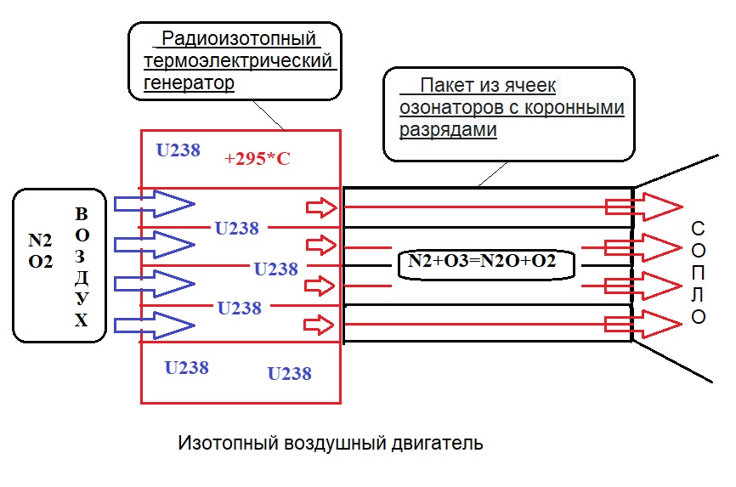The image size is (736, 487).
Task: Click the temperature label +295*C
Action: (x=258, y=158)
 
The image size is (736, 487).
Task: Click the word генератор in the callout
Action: (x=189, y=83)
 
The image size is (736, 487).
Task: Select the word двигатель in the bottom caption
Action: (x=441, y=443)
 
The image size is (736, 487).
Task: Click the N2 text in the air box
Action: (x=40, y=241)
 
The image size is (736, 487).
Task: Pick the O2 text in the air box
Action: (x=40, y=262)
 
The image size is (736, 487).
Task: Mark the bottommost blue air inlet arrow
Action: (x=154, y=324)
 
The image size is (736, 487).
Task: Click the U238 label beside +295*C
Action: (x=178, y=150)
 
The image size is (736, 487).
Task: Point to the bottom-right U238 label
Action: (x=289, y=373)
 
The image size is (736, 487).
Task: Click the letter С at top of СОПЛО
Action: (x=698, y=229)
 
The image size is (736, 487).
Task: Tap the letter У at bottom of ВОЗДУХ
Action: (x=82, y=299)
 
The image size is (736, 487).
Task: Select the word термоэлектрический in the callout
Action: (x=236, y=61)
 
